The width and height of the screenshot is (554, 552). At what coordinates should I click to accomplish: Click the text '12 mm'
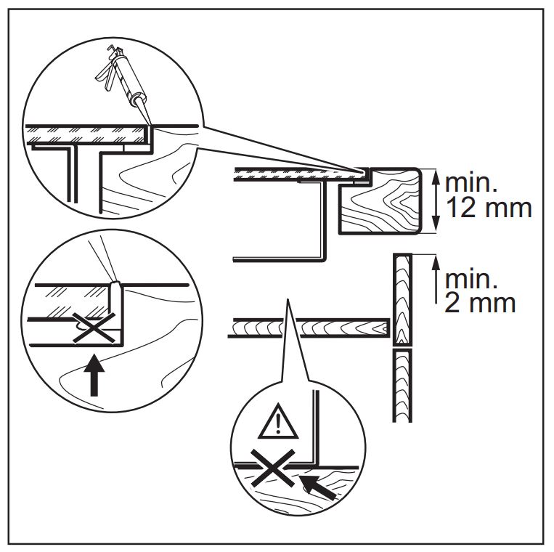[x=488, y=208]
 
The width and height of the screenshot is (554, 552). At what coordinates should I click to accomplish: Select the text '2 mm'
[x=480, y=301]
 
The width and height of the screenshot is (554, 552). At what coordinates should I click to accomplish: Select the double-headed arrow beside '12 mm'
[x=433, y=199]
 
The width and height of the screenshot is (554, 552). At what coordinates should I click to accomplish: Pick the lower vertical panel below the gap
[x=402, y=385]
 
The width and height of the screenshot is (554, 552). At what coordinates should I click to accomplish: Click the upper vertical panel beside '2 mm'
[x=402, y=298]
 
